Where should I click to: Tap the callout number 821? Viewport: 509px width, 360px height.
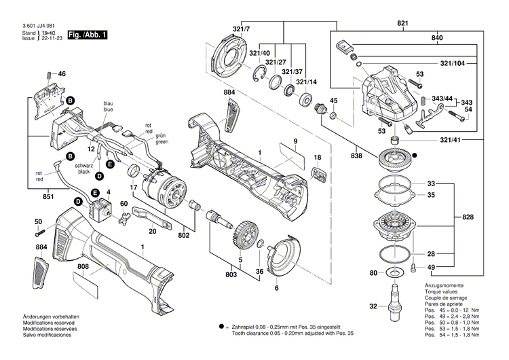(403, 24)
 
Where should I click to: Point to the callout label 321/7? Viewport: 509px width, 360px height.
(242, 29)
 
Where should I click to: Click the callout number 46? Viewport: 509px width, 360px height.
(62, 73)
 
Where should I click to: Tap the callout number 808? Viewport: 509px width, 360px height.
(82, 266)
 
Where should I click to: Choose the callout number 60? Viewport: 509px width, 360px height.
(124, 204)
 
